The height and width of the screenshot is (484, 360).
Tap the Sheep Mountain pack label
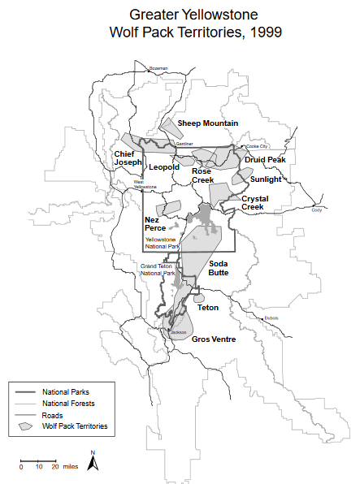pyautogui.click(x=208, y=123)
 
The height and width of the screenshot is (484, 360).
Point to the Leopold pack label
pyautogui.click(x=164, y=167)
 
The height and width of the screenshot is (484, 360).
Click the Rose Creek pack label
pyautogui.click(x=202, y=175)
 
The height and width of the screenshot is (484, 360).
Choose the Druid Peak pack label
pyautogui.click(x=266, y=161)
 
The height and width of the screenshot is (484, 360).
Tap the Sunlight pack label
pyautogui.click(x=266, y=179)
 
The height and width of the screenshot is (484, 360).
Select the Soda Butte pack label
pyautogui.click(x=219, y=269)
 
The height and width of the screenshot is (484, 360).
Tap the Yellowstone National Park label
pyautogui.click(x=162, y=244)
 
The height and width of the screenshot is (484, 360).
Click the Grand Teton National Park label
pyautogui.click(x=158, y=270)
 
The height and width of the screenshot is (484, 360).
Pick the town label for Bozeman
pyautogui.click(x=158, y=68)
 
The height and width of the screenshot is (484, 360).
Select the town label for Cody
pyautogui.click(x=317, y=210)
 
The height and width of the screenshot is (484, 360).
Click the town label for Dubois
pyautogui.click(x=271, y=318)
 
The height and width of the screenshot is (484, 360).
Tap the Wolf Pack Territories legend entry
pyautogui.click(x=76, y=425)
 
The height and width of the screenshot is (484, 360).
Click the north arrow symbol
pyautogui.click(x=93, y=461)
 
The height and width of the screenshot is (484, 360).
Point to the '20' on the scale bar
pyautogui.click(x=55, y=467)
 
